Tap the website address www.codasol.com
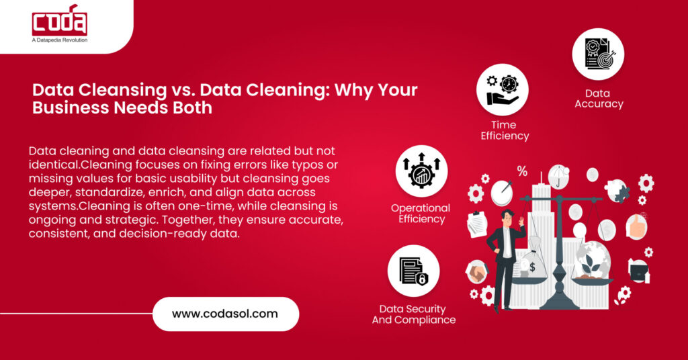coord(225,314)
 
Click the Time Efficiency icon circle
coord(503,89)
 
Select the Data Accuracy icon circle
coord(598,54)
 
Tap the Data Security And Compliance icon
coord(413,270)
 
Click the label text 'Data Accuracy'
coord(599,98)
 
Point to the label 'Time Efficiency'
coord(503,130)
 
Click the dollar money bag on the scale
coord(535,265)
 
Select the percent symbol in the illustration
coord(522,171)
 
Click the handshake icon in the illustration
coord(476,271)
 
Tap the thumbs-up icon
coord(636,226)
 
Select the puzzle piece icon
coord(617,191)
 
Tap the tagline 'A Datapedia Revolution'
coord(60,40)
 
